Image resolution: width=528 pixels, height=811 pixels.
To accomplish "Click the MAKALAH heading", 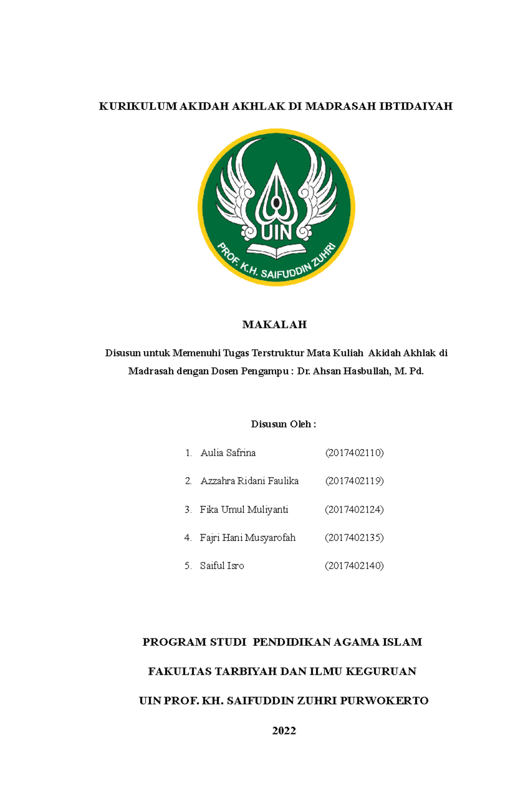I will point(274,324).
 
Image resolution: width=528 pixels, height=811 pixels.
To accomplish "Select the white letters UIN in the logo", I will point(276,232).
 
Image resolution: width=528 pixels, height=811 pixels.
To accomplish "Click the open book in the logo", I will point(276,251).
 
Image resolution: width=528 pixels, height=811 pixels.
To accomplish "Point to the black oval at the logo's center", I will point(276,203).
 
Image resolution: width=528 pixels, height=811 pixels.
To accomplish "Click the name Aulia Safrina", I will point(228,453).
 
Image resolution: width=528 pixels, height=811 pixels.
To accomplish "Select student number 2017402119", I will point(354,481).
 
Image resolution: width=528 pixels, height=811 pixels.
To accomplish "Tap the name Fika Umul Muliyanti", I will point(244,509).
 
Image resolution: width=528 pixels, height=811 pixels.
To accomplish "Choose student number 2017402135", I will point(354,538).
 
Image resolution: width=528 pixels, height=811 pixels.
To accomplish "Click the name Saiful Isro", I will point(222,566).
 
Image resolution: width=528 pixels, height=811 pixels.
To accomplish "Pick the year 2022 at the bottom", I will point(284,731).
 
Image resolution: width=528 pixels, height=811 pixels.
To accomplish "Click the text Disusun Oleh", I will point(283,424).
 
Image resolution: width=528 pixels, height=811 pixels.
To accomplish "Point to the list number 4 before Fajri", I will point(188,538).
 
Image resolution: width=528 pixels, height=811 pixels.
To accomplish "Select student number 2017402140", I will point(354,566).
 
